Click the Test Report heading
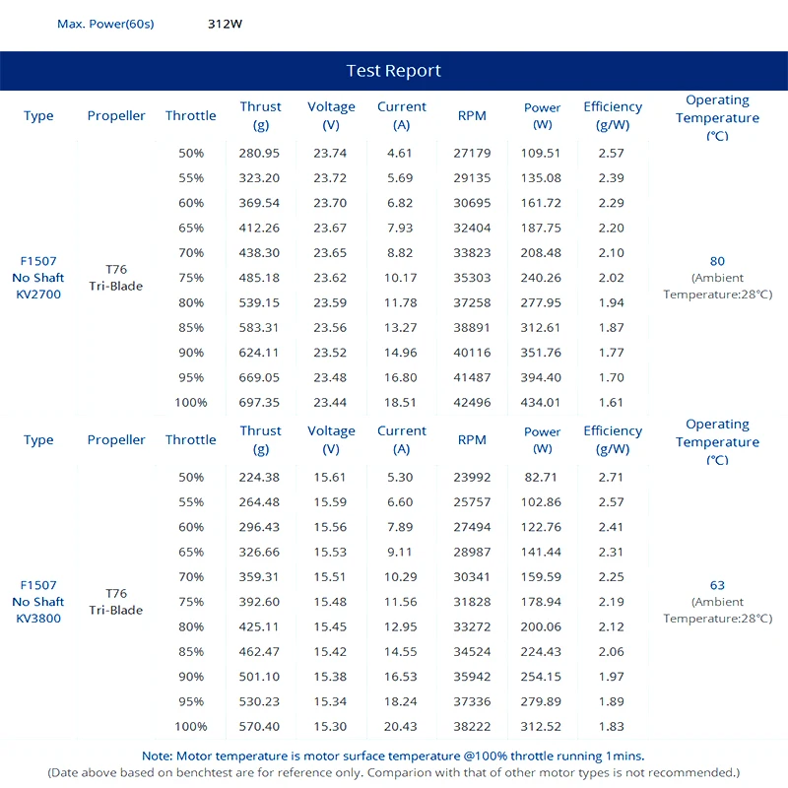(x=394, y=71)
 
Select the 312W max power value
(x=225, y=24)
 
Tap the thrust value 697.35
(x=260, y=402)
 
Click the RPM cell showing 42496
(x=472, y=402)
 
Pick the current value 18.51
(x=401, y=402)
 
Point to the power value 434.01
(x=542, y=402)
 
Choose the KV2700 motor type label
(x=38, y=295)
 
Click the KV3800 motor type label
(x=38, y=619)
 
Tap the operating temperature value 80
(x=717, y=261)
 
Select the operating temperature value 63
(x=717, y=585)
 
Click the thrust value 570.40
(x=260, y=726)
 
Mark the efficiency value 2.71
(x=611, y=477)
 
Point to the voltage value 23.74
(x=331, y=153)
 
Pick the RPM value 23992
(x=472, y=477)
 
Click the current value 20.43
(x=401, y=726)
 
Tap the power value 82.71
(x=542, y=477)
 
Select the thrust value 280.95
(x=260, y=153)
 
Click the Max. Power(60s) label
(x=105, y=24)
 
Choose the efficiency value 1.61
(x=611, y=402)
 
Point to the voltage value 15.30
(x=331, y=726)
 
